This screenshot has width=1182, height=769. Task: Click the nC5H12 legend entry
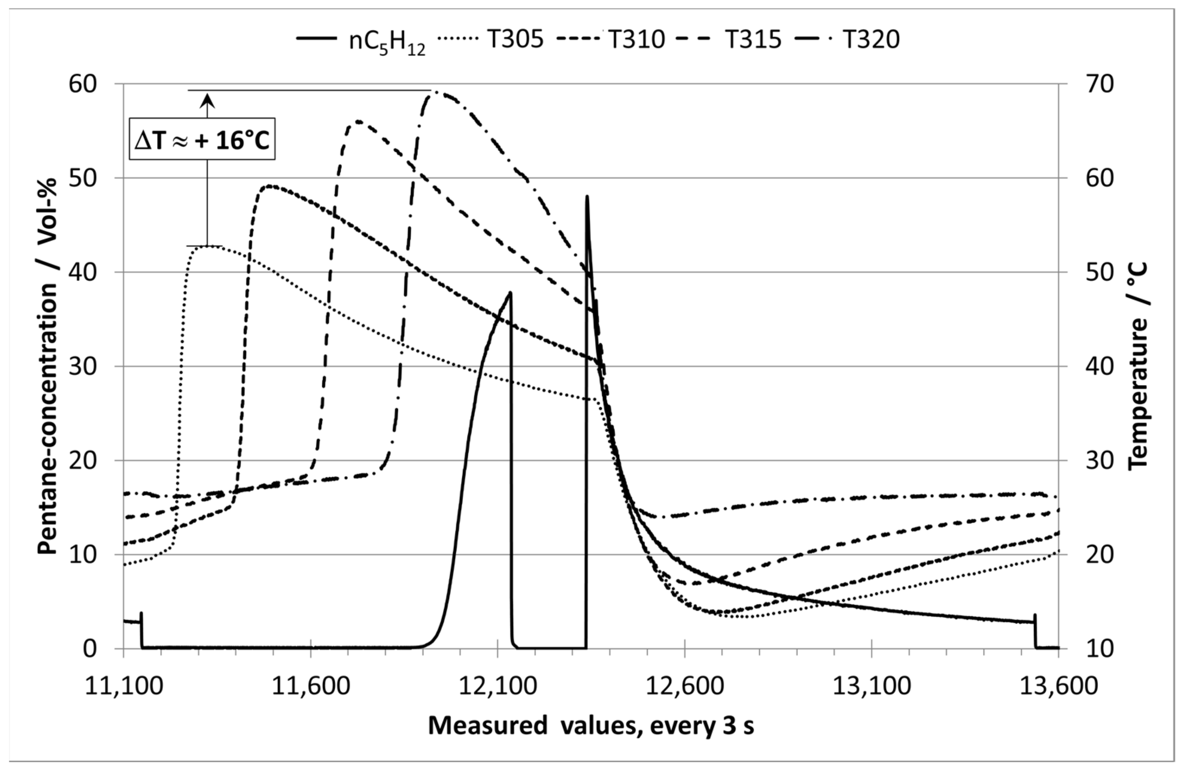361,40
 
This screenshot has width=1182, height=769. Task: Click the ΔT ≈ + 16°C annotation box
202,139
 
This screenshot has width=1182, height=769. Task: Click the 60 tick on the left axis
83,84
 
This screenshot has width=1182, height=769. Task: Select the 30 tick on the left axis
83,367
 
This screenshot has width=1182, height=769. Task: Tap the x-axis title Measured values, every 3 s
591,726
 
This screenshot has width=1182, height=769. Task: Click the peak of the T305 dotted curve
211,246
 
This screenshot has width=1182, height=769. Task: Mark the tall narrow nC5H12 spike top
587,197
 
